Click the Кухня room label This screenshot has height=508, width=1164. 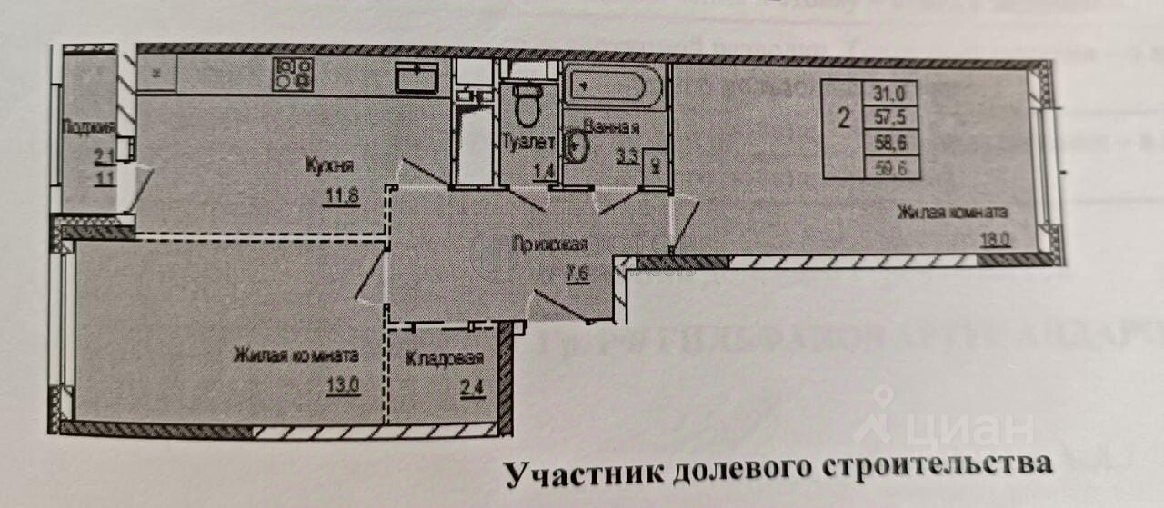click(x=329, y=166)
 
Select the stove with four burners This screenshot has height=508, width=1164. click(x=293, y=74)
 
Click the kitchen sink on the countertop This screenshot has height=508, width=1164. click(x=416, y=77)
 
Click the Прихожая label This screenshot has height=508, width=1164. click(x=550, y=244)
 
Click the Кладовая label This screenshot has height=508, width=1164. click(x=445, y=359)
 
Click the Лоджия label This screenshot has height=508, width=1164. click(x=88, y=128)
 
